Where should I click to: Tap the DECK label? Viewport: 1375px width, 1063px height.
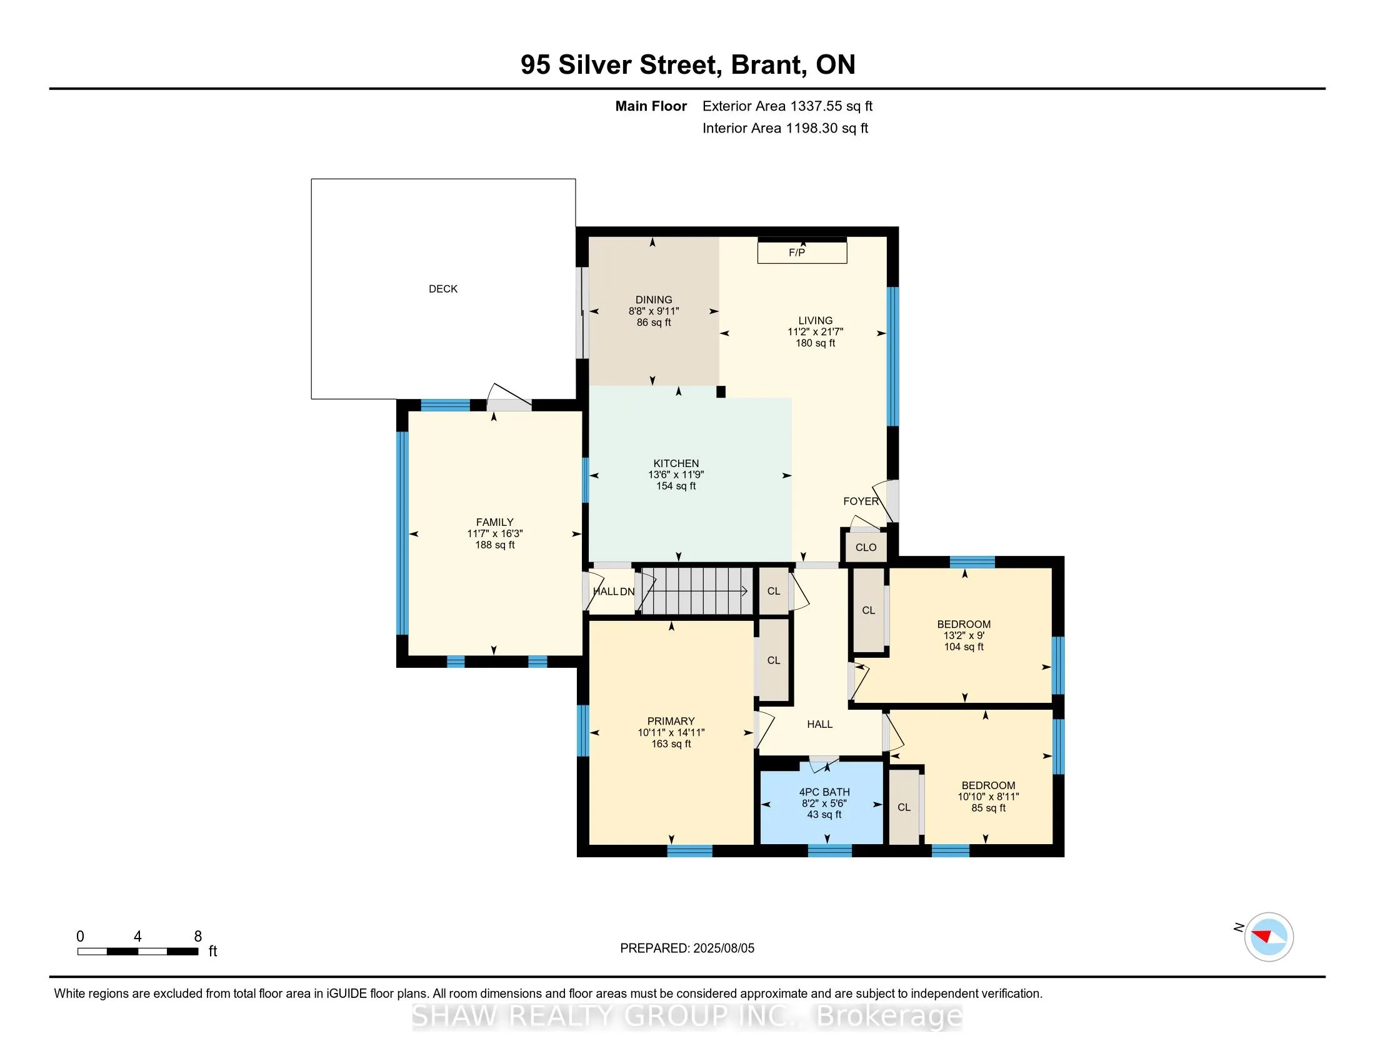pyautogui.click(x=443, y=289)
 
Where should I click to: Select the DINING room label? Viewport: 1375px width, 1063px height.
pyautogui.click(x=654, y=300)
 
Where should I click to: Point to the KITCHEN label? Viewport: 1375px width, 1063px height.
pyautogui.click(x=676, y=463)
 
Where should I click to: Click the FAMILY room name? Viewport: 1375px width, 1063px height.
pyautogui.click(x=495, y=522)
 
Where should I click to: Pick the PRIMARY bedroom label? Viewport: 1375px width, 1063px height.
pyautogui.click(x=671, y=721)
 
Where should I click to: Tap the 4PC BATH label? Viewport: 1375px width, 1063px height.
pyautogui.click(x=825, y=792)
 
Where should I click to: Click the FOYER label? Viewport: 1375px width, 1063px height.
pyautogui.click(x=861, y=501)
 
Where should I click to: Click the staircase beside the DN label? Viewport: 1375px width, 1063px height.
pyautogui.click(x=697, y=591)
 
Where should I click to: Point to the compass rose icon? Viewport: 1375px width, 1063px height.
pyautogui.click(x=1269, y=937)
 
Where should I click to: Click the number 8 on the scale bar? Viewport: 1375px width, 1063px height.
pyautogui.click(x=197, y=937)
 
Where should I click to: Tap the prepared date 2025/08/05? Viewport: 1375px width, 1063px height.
pyautogui.click(x=723, y=948)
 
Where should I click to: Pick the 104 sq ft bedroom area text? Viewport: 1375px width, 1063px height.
pyautogui.click(x=964, y=647)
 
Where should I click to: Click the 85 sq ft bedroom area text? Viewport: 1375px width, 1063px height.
pyautogui.click(x=989, y=808)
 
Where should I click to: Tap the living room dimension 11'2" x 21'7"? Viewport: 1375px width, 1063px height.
pyautogui.click(x=815, y=332)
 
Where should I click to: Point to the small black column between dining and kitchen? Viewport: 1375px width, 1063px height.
pyautogui.click(x=721, y=391)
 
